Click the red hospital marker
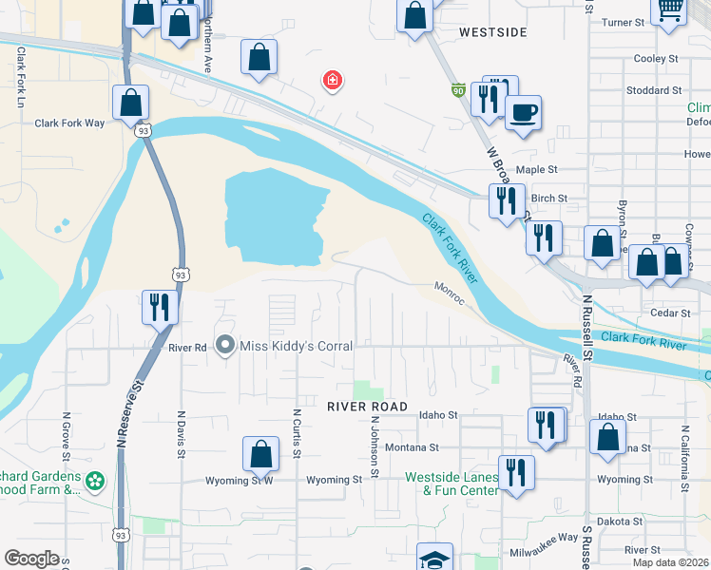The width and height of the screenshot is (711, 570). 332,81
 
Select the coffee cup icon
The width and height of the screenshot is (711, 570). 523,113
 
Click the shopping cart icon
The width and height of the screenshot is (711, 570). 671,9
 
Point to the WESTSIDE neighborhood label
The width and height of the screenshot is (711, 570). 492,32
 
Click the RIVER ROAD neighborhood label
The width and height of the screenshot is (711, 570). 367,407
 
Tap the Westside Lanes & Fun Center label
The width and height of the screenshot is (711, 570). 452,484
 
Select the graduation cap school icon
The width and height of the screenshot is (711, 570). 434,559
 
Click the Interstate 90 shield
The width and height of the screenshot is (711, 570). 458,91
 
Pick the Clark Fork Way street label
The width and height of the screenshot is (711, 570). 69,123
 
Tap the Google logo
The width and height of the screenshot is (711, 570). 31,558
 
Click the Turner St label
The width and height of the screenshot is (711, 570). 624,22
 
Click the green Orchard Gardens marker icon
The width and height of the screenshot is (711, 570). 94,482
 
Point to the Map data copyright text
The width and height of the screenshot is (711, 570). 670,562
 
